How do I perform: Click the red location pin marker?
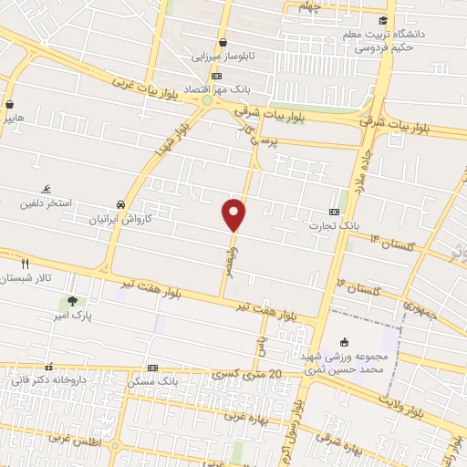[234, 214]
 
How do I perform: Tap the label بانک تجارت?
[323, 225]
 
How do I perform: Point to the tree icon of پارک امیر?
[72, 301]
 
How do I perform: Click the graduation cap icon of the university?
[383, 21]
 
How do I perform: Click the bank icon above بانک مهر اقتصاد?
[215, 77]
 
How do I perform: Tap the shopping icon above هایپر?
[9, 105]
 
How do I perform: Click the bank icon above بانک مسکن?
[152, 368]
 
